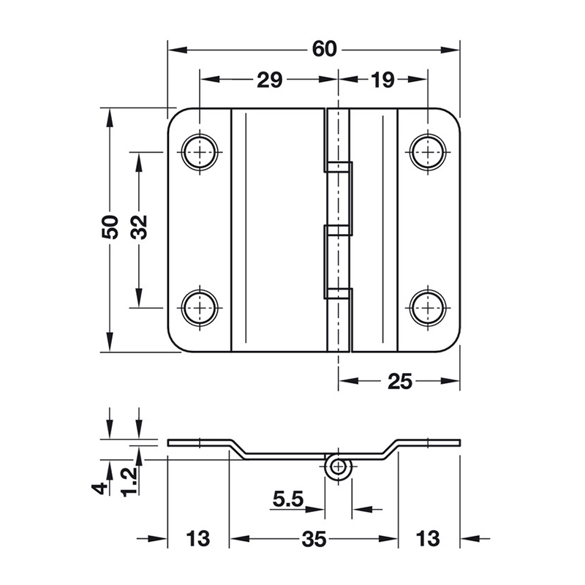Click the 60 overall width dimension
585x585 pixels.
(x=325, y=49)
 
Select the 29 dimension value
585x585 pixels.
(x=269, y=80)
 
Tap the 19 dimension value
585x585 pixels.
(x=382, y=80)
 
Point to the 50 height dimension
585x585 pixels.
(x=110, y=227)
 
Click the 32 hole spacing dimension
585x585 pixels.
(x=139, y=227)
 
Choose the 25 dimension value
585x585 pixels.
(x=400, y=381)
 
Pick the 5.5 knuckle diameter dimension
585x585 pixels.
(x=288, y=499)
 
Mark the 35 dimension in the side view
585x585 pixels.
(x=314, y=539)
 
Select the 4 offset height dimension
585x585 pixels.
(x=100, y=487)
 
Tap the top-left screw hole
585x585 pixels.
(x=200, y=152)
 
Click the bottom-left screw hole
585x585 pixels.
(x=200, y=308)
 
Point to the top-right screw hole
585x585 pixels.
(x=428, y=152)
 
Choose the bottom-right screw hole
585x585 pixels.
(x=428, y=308)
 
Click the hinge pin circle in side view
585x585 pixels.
(x=338, y=467)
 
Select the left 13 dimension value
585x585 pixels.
(x=197, y=539)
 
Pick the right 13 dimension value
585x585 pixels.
(x=428, y=539)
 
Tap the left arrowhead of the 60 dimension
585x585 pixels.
(x=177, y=50)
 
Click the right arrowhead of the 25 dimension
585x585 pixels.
(x=450, y=381)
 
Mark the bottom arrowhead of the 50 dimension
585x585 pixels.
(x=110, y=342)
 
